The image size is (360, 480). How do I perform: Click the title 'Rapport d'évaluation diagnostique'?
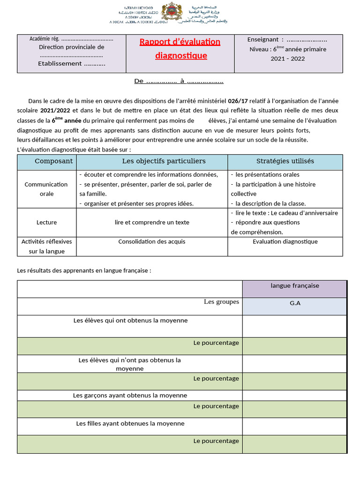point(180,49)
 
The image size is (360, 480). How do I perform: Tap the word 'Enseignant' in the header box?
point(262,40)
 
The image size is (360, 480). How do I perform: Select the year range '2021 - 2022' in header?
point(287,59)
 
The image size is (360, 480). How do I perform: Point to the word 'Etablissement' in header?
point(60,64)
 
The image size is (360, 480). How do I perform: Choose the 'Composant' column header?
point(54,161)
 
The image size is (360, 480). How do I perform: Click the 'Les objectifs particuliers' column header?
point(164,161)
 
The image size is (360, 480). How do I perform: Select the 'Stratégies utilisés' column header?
point(285,161)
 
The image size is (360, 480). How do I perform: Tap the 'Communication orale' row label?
point(46,189)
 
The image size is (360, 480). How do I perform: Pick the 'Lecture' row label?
point(46,222)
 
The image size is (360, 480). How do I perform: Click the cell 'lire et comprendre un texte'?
point(152,222)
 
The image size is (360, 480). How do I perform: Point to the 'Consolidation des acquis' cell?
point(152,241)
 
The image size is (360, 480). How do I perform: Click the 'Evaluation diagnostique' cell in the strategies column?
point(285,241)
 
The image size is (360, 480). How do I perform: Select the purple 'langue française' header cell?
point(295,285)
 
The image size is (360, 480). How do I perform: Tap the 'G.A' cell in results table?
point(295,303)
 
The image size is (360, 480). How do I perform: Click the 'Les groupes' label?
point(221,302)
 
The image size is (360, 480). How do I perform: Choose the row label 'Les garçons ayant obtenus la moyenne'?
point(130,395)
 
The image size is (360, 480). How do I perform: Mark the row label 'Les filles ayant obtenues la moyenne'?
point(130,423)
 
